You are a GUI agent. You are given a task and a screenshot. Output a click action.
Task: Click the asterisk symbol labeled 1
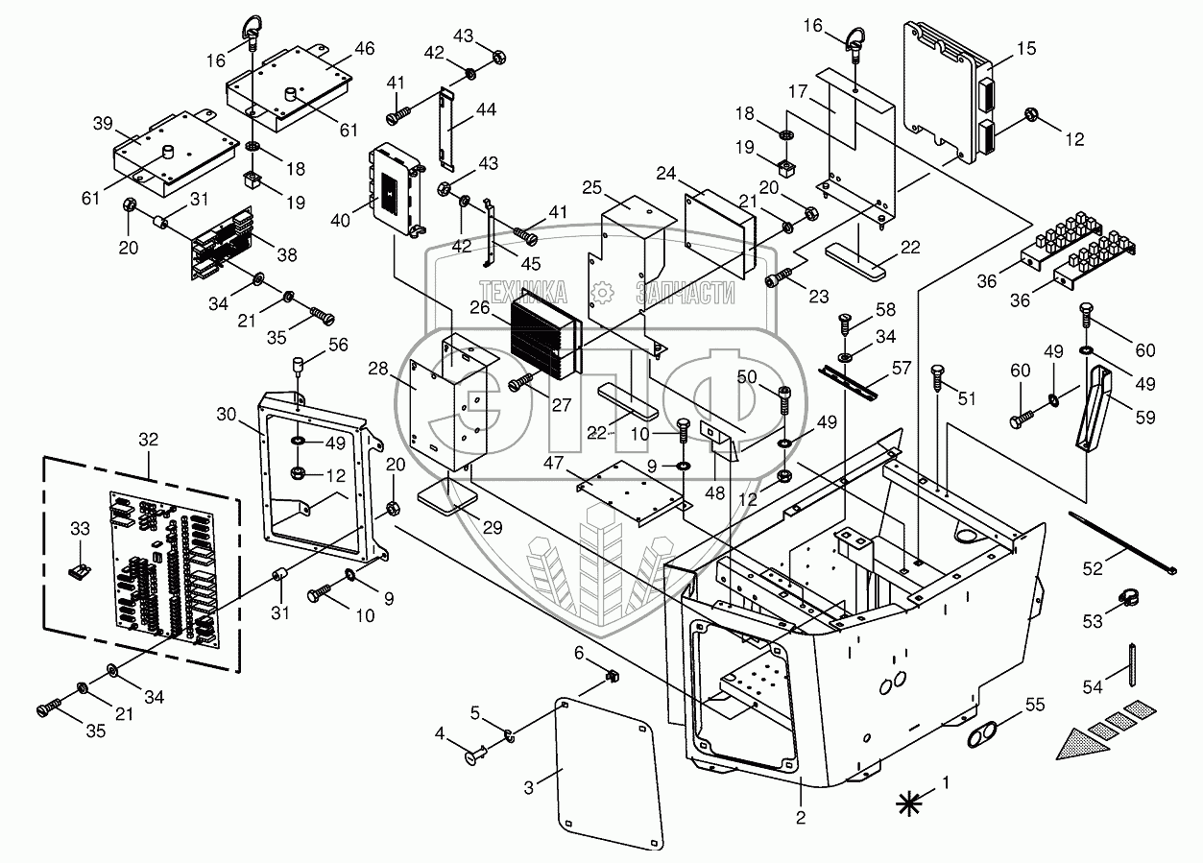click(906, 803)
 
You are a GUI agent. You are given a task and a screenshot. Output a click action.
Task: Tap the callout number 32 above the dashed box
click(149, 440)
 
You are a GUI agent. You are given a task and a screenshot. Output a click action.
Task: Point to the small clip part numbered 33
click(80, 571)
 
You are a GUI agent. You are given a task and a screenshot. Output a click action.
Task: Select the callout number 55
click(1033, 705)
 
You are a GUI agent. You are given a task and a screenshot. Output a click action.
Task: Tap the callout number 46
click(337, 48)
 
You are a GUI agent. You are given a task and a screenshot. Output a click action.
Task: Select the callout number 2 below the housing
click(801, 818)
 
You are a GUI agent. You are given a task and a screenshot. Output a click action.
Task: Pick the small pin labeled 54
click(1135, 663)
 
